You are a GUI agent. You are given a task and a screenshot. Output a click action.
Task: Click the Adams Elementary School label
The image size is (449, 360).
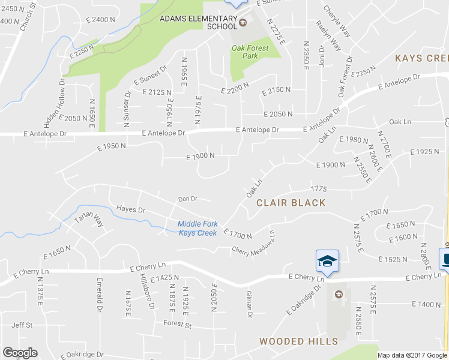pos(198,22)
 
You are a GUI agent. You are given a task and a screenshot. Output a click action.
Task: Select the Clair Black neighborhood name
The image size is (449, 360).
pos(291,203)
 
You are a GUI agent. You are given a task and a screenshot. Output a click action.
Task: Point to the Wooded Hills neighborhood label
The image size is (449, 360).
pos(298,341)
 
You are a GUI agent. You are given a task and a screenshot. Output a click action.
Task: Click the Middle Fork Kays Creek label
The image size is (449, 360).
pos(197,229)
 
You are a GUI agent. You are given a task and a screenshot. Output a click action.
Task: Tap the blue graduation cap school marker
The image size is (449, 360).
pos(327,261)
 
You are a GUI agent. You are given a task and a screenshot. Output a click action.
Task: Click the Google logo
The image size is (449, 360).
pos(20,353)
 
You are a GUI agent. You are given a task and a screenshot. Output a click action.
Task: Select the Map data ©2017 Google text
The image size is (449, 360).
pos(412,355)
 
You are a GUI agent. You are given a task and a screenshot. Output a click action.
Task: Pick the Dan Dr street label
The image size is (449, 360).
pos(188,199)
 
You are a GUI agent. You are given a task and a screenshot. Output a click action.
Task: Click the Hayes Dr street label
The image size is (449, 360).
pos(131,209)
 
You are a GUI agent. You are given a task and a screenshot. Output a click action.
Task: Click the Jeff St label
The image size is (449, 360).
pos(22,325)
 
